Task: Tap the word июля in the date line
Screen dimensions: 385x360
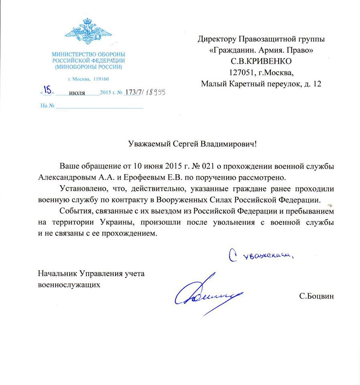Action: [77, 93]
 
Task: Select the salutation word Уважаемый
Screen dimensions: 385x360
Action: [147, 144]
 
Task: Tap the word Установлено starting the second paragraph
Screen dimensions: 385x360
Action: [81, 188]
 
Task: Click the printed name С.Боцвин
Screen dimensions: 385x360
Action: [316, 296]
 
